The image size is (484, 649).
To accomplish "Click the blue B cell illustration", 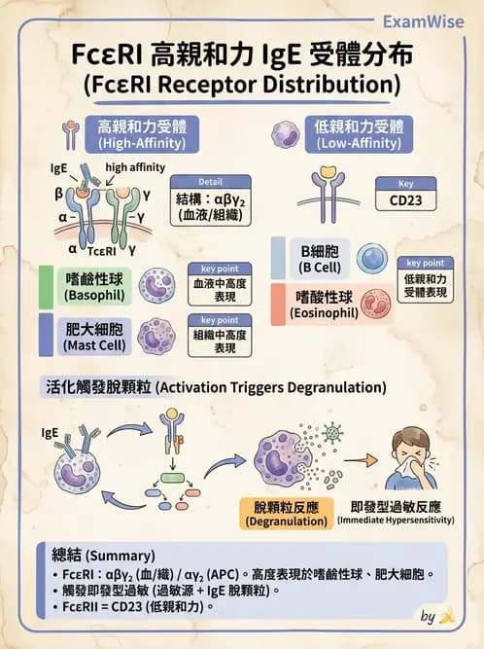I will click(x=372, y=257).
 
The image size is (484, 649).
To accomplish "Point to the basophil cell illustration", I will click(x=157, y=286).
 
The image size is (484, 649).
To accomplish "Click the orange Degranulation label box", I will click(x=285, y=514).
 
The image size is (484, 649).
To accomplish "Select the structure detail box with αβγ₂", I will click(x=210, y=201).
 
